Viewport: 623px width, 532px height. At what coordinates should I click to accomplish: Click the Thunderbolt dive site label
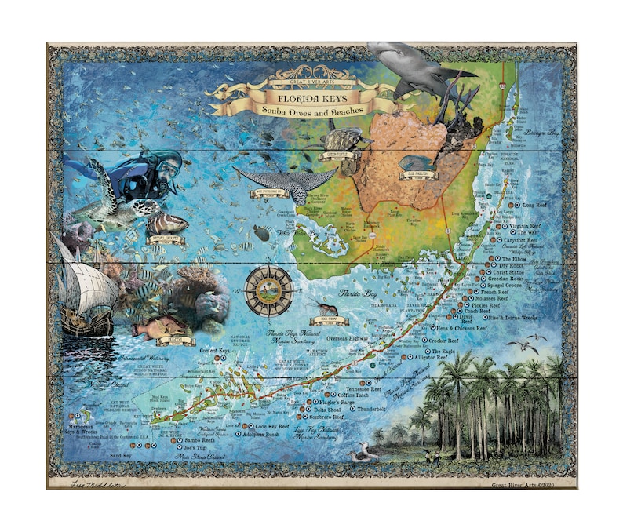(x=371, y=409)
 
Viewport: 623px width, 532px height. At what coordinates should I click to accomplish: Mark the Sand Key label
(x=120, y=455)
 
